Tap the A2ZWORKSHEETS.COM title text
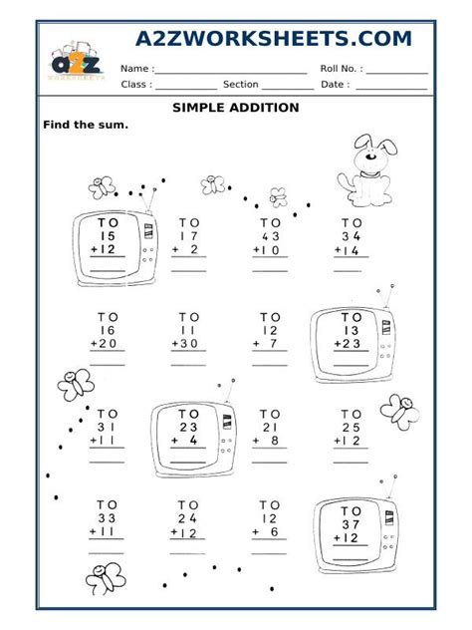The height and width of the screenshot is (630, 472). coord(274,39)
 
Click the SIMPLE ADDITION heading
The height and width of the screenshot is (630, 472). coord(236,108)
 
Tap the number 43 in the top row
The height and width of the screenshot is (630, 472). coord(270,236)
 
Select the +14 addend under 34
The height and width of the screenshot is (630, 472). coord(350,251)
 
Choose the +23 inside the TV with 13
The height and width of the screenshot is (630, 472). coord(350,344)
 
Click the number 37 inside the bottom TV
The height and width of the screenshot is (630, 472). coord(350,523)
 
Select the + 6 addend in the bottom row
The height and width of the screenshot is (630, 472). coord(269,532)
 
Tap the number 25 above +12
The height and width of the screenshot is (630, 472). coord(351,427)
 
